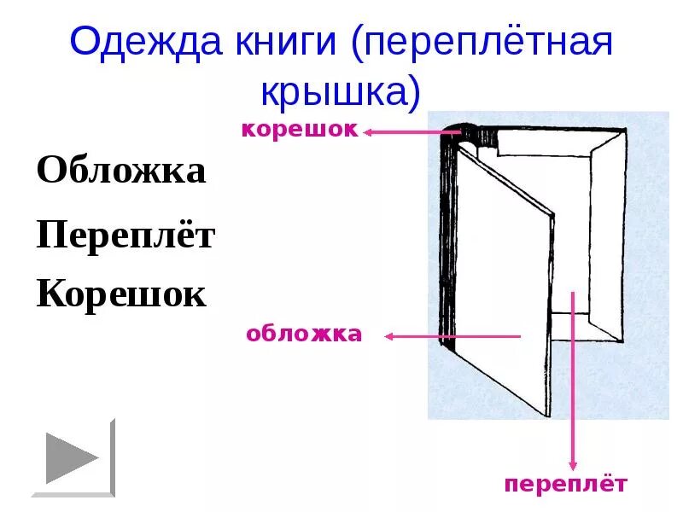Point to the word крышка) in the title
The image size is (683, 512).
341,91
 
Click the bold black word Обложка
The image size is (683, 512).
121,171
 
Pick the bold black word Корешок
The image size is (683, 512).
121,295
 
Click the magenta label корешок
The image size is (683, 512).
299,130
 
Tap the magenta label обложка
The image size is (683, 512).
304,335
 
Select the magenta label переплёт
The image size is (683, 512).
565,485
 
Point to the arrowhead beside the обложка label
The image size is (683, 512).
389,336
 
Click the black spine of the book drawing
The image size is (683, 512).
447,239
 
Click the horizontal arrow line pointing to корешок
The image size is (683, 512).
410,132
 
